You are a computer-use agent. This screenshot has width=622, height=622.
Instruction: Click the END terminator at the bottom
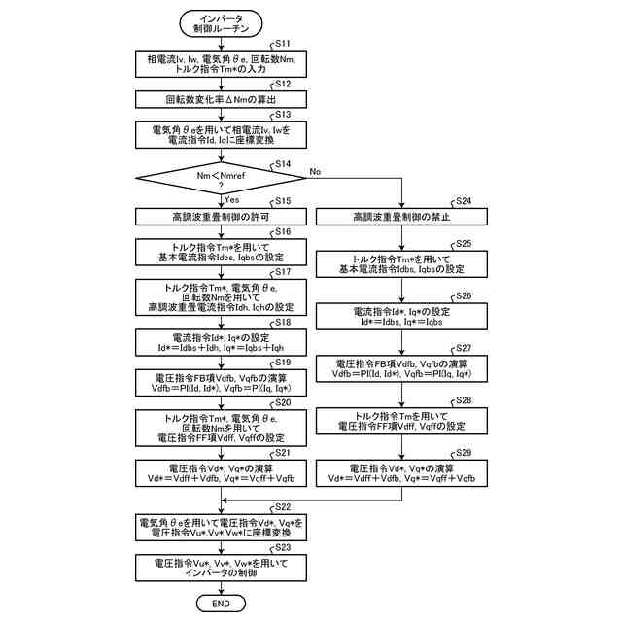(222, 604)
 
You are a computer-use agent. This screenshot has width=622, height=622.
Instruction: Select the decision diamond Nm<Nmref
(222, 177)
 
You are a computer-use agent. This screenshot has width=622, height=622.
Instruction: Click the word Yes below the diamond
(232, 198)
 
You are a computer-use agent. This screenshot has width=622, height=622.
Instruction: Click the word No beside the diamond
(315, 171)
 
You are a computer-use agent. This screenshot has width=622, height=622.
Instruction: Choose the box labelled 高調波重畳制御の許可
(222, 216)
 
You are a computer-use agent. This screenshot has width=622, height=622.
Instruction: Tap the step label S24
(465, 201)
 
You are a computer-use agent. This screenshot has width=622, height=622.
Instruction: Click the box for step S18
(222, 340)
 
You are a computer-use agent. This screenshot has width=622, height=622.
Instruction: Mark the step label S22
(284, 507)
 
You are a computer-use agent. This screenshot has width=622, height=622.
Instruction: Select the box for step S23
(222, 568)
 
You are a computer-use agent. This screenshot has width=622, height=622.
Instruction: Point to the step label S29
(465, 454)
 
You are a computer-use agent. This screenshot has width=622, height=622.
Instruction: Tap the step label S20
(284, 401)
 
